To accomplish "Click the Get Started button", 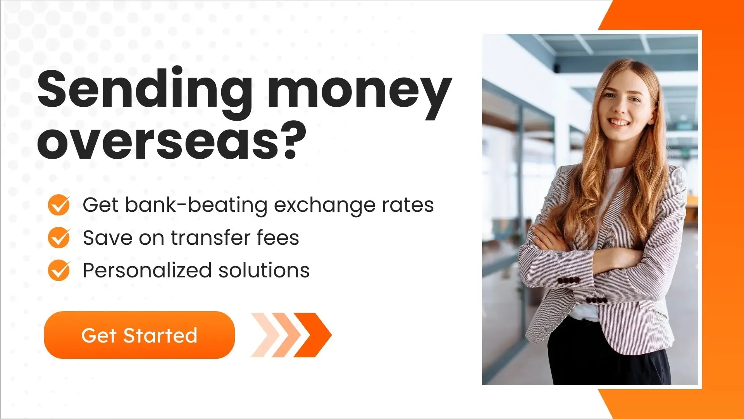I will (x=139, y=335).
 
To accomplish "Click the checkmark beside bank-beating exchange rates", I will (x=59, y=205).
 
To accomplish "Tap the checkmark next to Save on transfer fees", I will (x=59, y=237).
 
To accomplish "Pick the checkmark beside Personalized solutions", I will (x=59, y=270).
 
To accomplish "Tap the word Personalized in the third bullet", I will (x=147, y=271).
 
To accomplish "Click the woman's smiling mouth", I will (x=619, y=123).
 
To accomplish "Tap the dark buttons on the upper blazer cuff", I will (x=568, y=280).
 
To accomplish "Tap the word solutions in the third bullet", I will (x=264, y=270).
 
